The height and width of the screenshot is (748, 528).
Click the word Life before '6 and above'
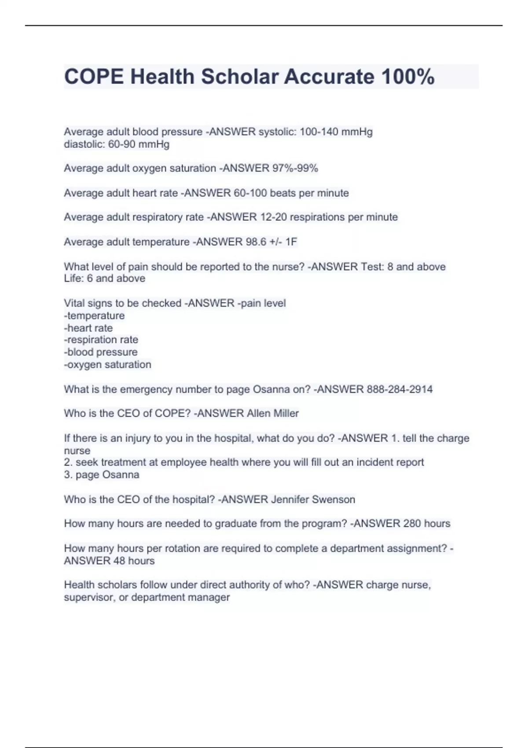coord(73,279)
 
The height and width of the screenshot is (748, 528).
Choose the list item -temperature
coord(94,315)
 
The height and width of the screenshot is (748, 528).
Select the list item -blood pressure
coord(100,352)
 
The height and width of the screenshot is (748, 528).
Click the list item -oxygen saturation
coord(107,364)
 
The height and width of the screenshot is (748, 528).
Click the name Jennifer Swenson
coord(313,499)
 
